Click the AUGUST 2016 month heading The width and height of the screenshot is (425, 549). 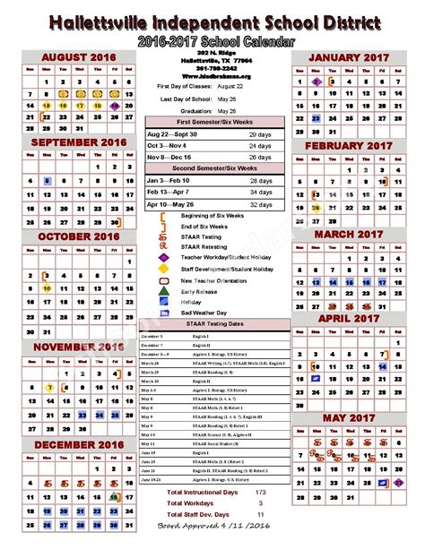pos(78,57)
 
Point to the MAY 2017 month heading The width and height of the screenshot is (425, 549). pos(348,419)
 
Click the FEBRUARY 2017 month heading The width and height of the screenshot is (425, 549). pos(348,145)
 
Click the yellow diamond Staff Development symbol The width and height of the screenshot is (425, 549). pos(163,267)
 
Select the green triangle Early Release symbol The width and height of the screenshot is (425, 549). pos(163,290)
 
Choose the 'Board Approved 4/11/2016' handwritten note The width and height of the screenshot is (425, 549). pos(212,527)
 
